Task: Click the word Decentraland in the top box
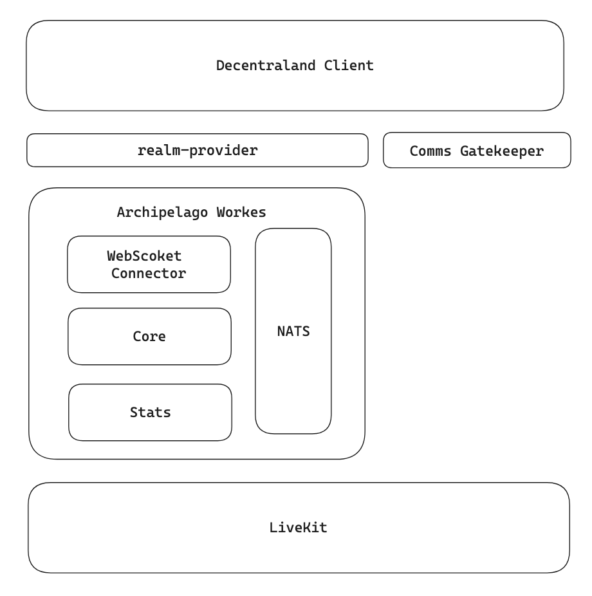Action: click(266, 66)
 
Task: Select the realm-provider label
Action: click(198, 151)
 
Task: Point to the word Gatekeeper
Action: click(501, 151)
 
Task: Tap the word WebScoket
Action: click(145, 256)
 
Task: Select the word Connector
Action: click(149, 273)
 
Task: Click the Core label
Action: click(149, 337)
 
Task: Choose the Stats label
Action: click(151, 413)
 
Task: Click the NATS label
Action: click(293, 331)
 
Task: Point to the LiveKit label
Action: click(298, 528)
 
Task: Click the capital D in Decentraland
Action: click(220, 66)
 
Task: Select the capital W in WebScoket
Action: click(111, 256)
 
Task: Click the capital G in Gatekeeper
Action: click(464, 151)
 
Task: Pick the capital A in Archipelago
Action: click(121, 212)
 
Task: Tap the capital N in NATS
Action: click(281, 331)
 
